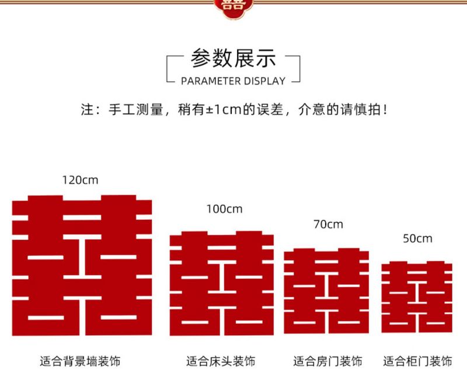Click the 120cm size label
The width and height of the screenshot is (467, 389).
click(x=81, y=180)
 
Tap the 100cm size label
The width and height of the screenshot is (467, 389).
click(x=224, y=209)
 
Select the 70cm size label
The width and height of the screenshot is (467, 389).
click(x=328, y=224)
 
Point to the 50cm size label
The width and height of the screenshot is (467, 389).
click(x=417, y=238)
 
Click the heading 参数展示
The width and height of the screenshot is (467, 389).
click(x=233, y=59)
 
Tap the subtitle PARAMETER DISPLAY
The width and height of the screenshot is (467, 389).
click(x=233, y=81)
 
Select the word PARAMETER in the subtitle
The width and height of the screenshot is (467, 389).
click(x=208, y=81)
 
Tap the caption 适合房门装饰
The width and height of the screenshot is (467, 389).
click(x=327, y=361)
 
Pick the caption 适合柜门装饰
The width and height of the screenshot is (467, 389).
click(x=417, y=361)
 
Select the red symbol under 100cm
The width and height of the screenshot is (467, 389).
click(x=222, y=283)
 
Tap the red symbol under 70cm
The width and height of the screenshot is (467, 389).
click(x=326, y=290)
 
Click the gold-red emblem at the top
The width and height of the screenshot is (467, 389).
click(x=233, y=6)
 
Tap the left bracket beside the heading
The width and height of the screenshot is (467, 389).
click(x=170, y=69)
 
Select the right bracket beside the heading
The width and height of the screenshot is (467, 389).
click(x=297, y=69)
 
